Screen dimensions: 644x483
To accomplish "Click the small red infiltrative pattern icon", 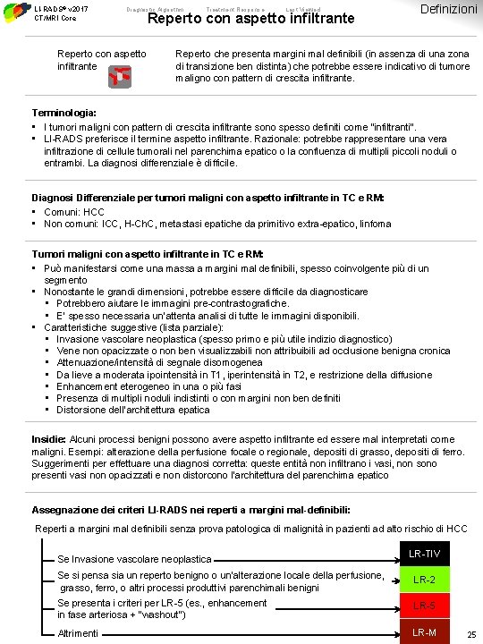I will click(x=116, y=79).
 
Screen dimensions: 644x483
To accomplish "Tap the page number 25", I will click(x=470, y=634).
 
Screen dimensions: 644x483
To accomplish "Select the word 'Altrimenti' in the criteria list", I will click(x=78, y=633).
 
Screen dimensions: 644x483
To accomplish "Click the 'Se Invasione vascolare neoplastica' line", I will click(x=134, y=559).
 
